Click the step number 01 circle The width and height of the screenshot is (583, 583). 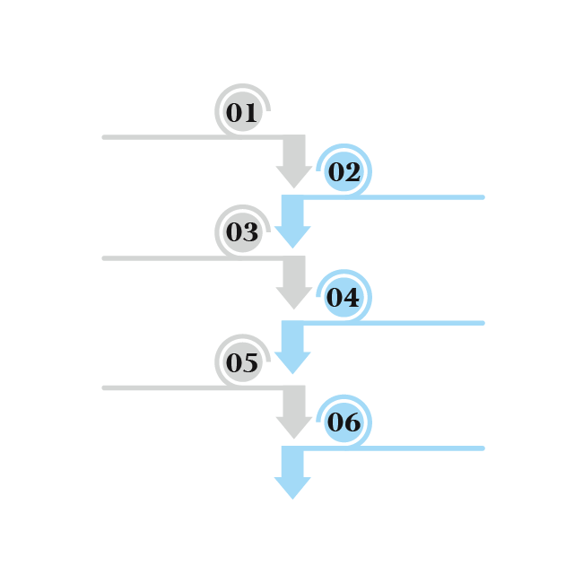point(241,113)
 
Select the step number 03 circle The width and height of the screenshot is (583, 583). point(241,233)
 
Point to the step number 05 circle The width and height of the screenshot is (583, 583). point(241,362)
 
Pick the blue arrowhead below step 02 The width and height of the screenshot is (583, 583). point(292,235)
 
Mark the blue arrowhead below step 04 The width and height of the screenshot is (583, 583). point(292,361)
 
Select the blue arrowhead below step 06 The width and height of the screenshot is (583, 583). point(292,486)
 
